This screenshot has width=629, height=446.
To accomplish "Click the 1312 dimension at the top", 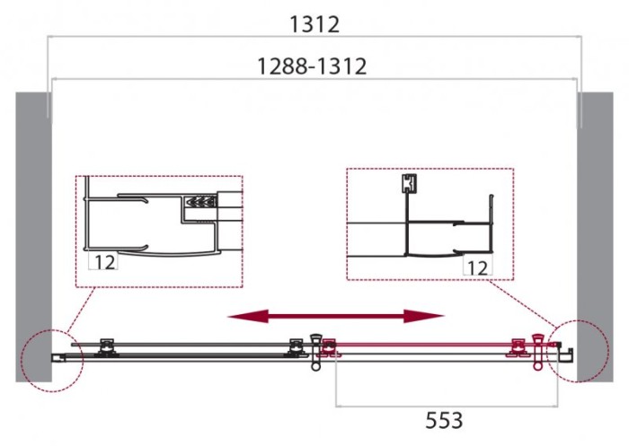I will [x=314, y=24].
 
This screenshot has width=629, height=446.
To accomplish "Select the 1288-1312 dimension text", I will [x=312, y=66].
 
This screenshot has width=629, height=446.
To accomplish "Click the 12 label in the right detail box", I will [x=476, y=267].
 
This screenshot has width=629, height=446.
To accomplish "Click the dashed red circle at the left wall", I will [x=51, y=358].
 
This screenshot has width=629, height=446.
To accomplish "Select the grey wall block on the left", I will [x=31, y=233].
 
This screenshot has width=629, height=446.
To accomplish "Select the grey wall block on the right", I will [x=595, y=233].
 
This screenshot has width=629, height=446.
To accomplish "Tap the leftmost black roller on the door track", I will [x=107, y=346].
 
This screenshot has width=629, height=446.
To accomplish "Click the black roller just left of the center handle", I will [x=295, y=346].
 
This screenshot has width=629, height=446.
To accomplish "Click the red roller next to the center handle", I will [x=329, y=347].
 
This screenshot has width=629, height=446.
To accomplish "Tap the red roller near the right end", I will [x=518, y=347].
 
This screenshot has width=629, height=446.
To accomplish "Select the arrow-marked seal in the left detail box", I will [x=199, y=204].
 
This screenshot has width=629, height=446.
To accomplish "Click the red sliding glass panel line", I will [x=422, y=343].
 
